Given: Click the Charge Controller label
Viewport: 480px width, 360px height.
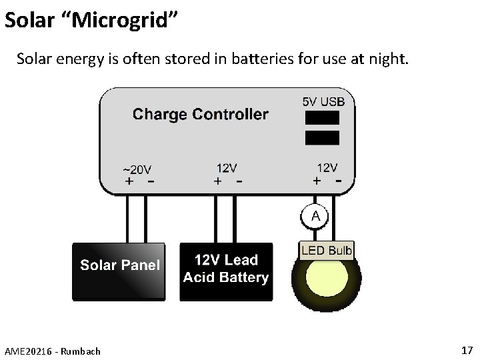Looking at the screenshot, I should (x=200, y=114).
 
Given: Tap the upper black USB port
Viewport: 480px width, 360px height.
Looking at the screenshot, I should (x=322, y=118).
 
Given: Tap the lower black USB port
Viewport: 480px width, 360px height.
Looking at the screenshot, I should (x=322, y=137).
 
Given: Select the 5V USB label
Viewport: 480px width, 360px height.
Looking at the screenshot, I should (x=324, y=101).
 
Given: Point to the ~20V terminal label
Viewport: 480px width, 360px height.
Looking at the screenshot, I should (x=137, y=169).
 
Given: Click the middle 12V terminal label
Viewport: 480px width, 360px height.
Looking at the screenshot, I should (x=227, y=168).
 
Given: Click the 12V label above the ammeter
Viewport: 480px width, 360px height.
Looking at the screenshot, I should (x=327, y=168).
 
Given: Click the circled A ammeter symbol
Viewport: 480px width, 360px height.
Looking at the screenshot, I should (x=315, y=216).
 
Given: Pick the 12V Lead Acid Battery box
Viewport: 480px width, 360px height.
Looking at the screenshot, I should (x=226, y=271).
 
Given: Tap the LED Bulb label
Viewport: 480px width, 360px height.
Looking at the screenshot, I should (x=327, y=251).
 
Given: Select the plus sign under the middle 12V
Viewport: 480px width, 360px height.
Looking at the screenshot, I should (x=217, y=181).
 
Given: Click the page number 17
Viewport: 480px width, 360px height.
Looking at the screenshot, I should (x=466, y=350).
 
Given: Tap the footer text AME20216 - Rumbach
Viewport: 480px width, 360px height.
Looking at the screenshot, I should (x=52, y=351).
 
